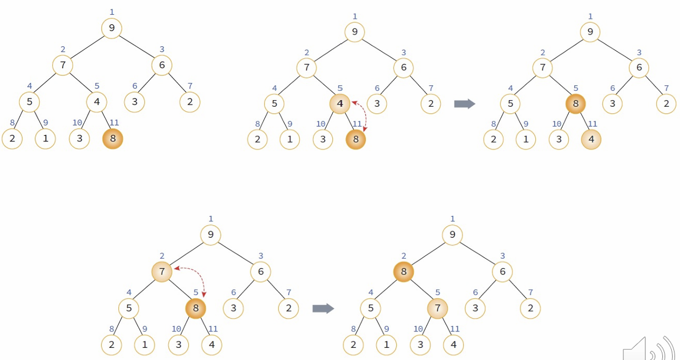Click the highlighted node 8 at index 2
pyautogui.click(x=403, y=271)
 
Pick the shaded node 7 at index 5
pyautogui.click(x=437, y=308)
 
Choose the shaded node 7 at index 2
pyautogui.click(x=162, y=271)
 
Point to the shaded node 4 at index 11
pyautogui.click(x=591, y=139)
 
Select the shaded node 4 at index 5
pyautogui.click(x=339, y=103)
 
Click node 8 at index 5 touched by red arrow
pyautogui.click(x=195, y=308)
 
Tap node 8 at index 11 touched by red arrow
pyautogui.click(x=356, y=139)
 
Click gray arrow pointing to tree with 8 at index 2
pyautogui.click(x=323, y=308)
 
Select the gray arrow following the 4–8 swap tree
pyautogui.click(x=464, y=103)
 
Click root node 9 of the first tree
pyautogui.click(x=112, y=28)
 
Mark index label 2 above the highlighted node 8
pyautogui.click(x=404, y=256)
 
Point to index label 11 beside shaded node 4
pyautogui.click(x=593, y=124)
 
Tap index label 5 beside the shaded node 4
pyautogui.click(x=340, y=88)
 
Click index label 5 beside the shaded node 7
pyautogui.click(x=438, y=293)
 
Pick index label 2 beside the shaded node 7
pyautogui.click(x=162, y=256)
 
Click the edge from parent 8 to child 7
pyautogui.click(x=420, y=290)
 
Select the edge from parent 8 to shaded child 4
pyautogui.click(x=583, y=121)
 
